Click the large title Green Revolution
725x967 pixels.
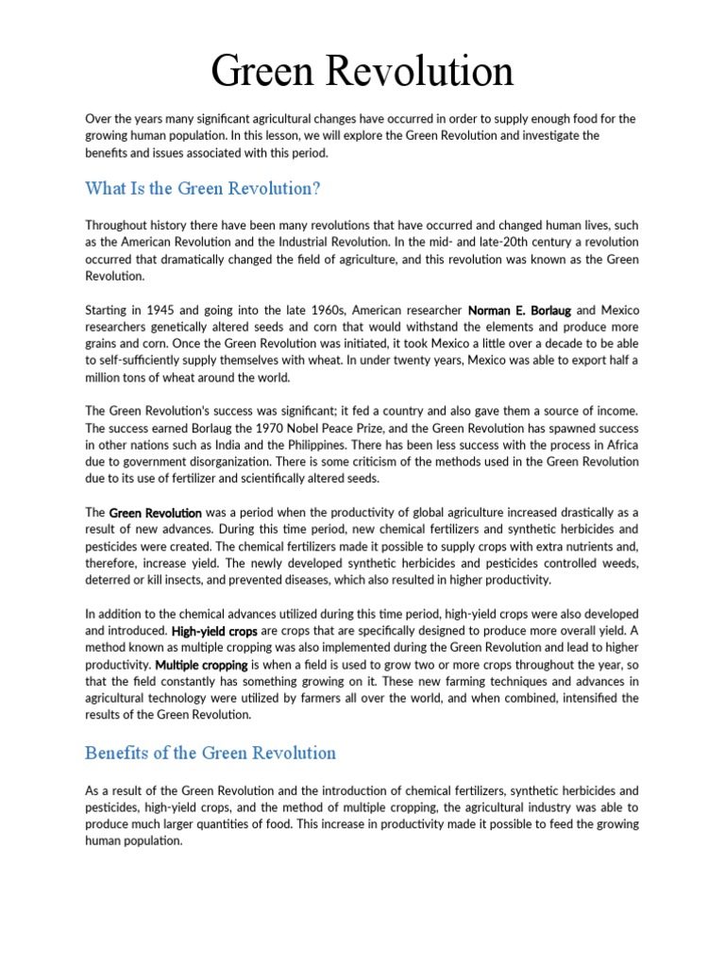coord(362,71)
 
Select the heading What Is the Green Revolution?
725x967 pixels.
coord(203,188)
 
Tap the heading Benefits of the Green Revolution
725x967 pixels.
coord(211,753)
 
